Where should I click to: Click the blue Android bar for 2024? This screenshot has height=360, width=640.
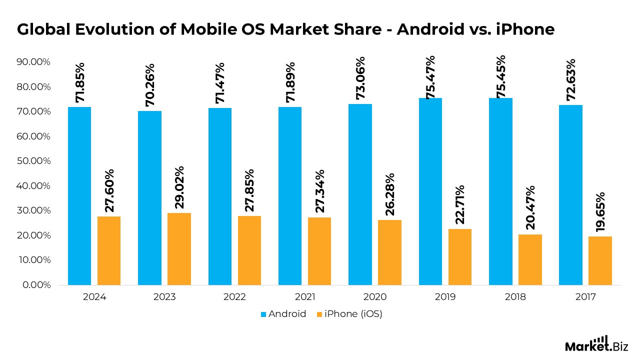(x=79, y=196)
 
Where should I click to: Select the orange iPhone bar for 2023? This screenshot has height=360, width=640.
(x=179, y=249)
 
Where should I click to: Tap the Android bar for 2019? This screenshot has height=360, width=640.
(x=430, y=191)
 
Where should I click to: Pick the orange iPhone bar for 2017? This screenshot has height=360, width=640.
(x=600, y=260)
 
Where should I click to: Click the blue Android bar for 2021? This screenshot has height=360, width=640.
(x=290, y=196)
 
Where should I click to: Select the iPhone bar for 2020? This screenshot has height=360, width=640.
(x=389, y=252)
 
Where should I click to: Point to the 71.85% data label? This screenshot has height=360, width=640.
(x=80, y=83)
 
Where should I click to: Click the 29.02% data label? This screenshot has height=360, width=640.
(x=179, y=187)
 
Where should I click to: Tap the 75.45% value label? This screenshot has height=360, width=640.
(x=500, y=76)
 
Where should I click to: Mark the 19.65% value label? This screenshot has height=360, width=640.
(x=600, y=212)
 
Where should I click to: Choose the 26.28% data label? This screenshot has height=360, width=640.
(x=390, y=194)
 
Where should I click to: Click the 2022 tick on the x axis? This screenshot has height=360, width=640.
(x=234, y=297)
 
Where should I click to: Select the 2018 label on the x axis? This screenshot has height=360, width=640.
(x=515, y=297)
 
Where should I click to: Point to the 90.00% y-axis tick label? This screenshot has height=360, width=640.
(x=33, y=62)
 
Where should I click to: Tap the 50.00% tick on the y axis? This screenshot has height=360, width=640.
(x=33, y=161)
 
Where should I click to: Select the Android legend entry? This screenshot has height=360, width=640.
(x=283, y=314)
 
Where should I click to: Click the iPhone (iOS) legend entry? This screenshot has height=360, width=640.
(x=349, y=314)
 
